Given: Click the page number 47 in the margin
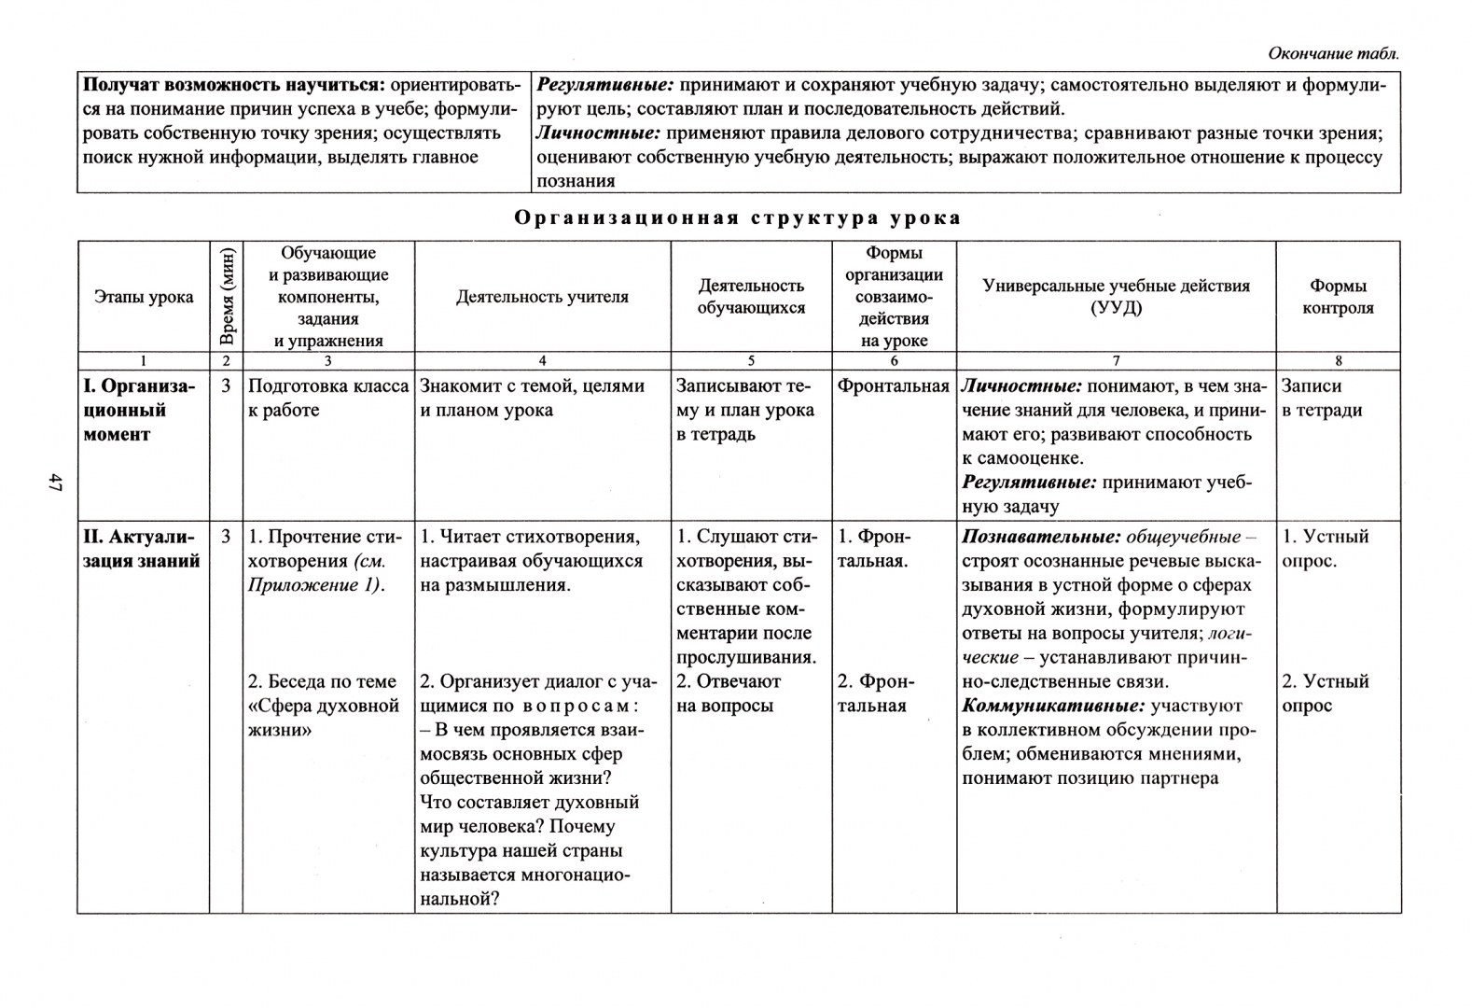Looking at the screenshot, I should (x=55, y=483).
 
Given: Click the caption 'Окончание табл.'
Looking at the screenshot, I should (x=1333, y=54).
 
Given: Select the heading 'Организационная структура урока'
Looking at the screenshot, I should (x=737, y=218).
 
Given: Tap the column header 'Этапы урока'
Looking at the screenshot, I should (x=144, y=297).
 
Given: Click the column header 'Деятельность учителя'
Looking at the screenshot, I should (x=542, y=297).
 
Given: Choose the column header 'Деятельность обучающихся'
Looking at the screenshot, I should (x=751, y=297).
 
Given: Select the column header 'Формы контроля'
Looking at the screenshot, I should (x=1338, y=297).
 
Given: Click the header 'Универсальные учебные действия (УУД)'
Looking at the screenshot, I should (x=1116, y=297).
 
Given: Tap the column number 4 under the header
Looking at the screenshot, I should (x=542, y=361).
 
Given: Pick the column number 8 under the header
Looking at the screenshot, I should (x=1338, y=361).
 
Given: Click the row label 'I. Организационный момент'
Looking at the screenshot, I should (x=139, y=410).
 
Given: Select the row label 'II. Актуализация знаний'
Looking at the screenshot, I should (x=141, y=549).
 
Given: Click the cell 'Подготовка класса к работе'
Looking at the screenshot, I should (x=327, y=399).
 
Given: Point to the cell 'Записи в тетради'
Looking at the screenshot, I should (x=1321, y=399).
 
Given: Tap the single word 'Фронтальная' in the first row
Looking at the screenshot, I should (x=893, y=386).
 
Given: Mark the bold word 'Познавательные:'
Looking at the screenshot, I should (x=1041, y=537).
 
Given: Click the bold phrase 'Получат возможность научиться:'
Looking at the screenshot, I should (x=233, y=85).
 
